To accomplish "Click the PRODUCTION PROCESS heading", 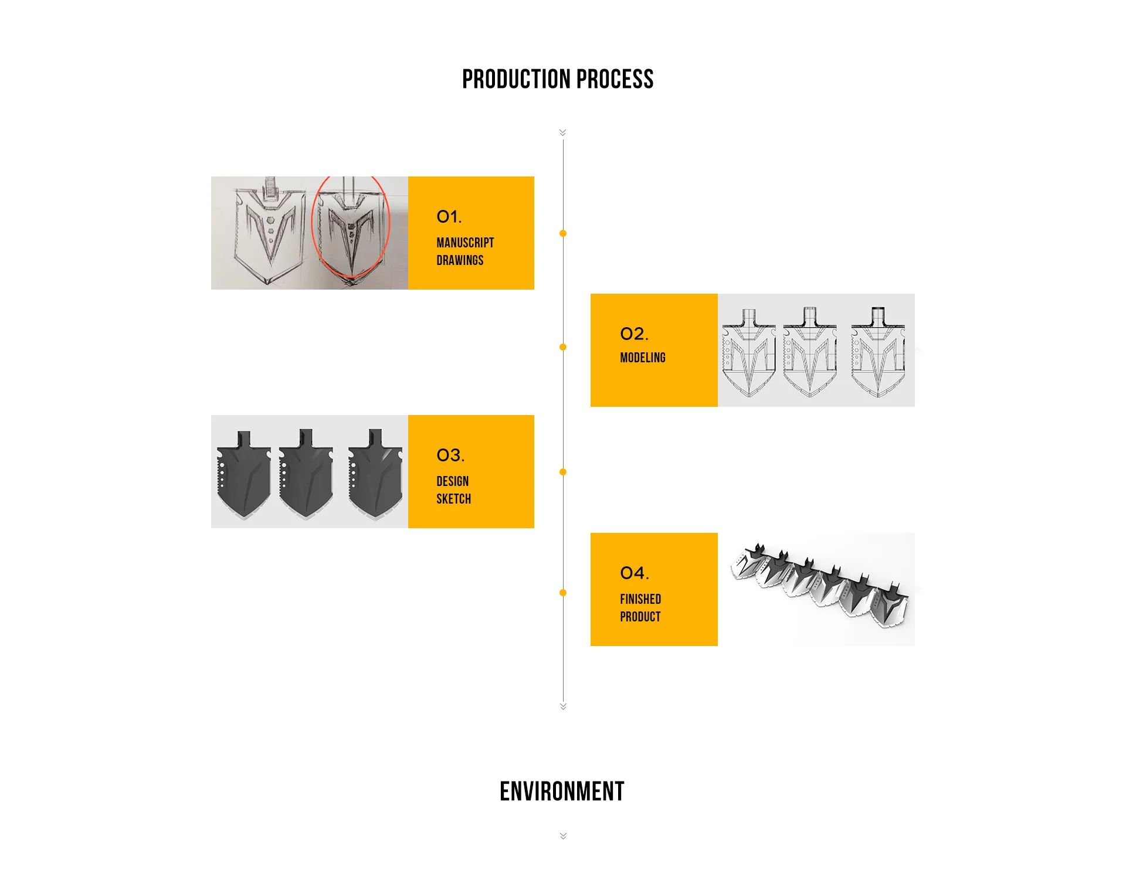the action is pos(557,80).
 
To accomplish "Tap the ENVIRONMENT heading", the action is pos(562,791).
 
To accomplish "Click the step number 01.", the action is pos(449,217).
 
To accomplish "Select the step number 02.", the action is pos(634,334).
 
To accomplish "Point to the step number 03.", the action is pos(450,456).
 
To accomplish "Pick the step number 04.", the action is pos(634,573).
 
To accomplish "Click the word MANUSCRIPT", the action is pos(465,243).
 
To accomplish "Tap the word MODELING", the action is pos(643,358).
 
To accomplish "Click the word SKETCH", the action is pos(453,499).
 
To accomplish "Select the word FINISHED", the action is pos(640,599).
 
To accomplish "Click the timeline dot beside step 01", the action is pos(563,233).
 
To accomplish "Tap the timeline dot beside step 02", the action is pos(563,347).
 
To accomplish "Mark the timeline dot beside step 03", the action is pos(563,472).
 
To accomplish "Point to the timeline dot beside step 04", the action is pos(563,593).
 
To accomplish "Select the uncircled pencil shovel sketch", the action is pos(270,232).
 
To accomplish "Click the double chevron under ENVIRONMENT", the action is pos(563,836).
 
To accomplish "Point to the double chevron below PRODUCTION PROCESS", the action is pos(563,132).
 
